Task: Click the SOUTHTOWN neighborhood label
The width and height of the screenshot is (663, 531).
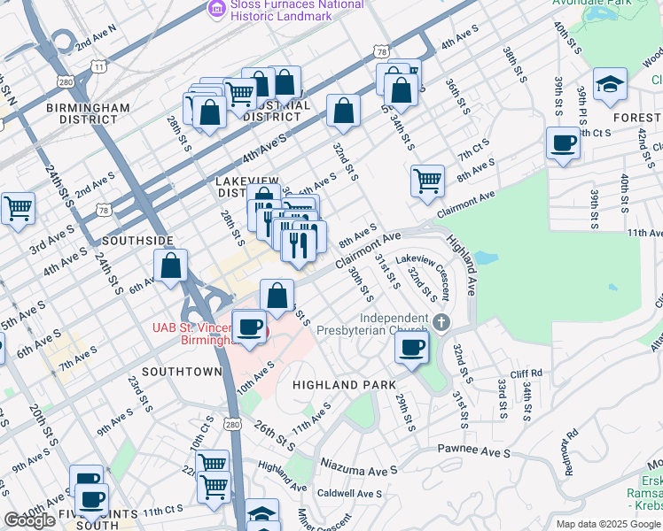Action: click(181, 371)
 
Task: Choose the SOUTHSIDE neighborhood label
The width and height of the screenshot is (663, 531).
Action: click(137, 241)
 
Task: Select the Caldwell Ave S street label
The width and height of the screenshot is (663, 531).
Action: click(349, 493)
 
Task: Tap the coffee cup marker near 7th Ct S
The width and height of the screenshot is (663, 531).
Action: click(563, 143)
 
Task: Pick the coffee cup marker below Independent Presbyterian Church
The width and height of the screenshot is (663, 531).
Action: click(411, 348)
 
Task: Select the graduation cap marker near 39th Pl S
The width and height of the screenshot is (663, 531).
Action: click(609, 85)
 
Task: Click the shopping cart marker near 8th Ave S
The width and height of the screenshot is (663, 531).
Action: click(427, 181)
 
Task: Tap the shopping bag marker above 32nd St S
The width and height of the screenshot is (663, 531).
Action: click(343, 112)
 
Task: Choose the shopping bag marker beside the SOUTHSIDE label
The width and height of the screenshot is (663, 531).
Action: click(170, 265)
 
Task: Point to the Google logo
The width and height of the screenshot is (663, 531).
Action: click(29, 520)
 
